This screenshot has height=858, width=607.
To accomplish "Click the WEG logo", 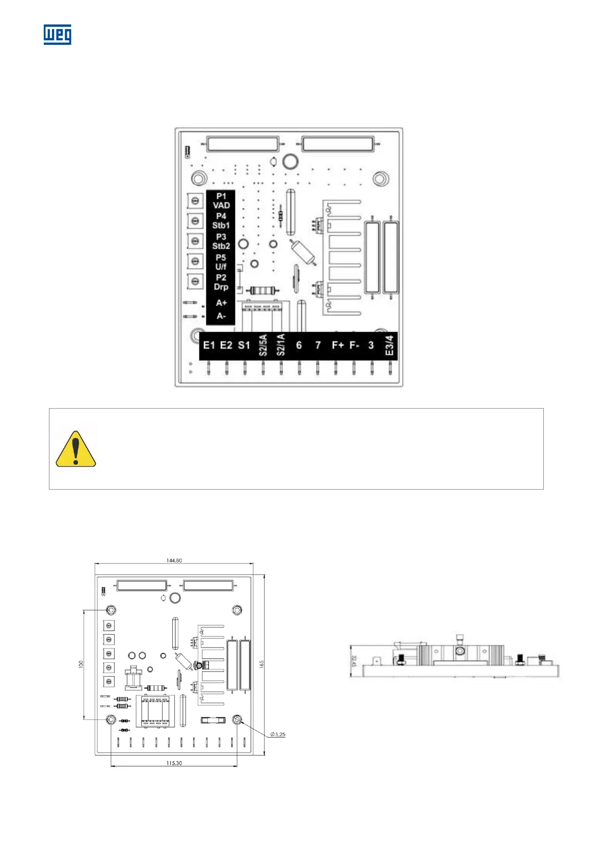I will pos(57,35).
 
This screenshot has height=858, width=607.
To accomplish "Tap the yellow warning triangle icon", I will pos(75,449).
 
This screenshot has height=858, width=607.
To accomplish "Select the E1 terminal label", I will pos(209,345).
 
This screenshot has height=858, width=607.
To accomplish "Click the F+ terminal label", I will pos(338,345).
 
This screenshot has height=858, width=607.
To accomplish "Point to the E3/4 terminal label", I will pos(389,345).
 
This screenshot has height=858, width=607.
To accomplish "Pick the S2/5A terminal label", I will pos(263,345).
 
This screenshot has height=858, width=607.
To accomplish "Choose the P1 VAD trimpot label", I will pos(221,201).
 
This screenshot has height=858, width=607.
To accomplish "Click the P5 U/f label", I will pos(221,262).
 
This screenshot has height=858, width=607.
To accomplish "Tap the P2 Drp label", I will pos(221,282).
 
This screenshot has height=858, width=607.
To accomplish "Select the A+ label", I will pos(221,303).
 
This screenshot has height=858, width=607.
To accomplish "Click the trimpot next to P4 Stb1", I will pos(195,221).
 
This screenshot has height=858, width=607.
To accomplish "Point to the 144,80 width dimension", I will pos(174,560).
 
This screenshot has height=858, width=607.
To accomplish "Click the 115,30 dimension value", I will pos(174,763).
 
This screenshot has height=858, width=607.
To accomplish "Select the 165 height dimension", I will pos(261,664).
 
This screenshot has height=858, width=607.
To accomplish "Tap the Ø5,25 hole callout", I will pos(278,734).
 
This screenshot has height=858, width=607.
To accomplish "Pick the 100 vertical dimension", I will pos(81,664).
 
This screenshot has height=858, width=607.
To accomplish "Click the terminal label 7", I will pos(318,345).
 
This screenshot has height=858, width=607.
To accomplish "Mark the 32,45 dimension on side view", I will pos(354,661).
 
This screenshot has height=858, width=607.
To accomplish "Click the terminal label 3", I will pos(371,345).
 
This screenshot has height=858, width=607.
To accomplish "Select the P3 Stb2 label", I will pos(221,242).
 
